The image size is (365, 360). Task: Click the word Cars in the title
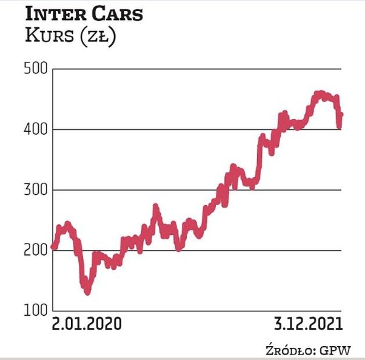click(115, 14)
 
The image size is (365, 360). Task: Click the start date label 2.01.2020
click(87, 324)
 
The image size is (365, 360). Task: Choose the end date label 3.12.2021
click(307, 324)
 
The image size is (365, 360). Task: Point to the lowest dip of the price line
click(88, 292)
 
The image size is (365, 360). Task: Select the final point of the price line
click(341, 114)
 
